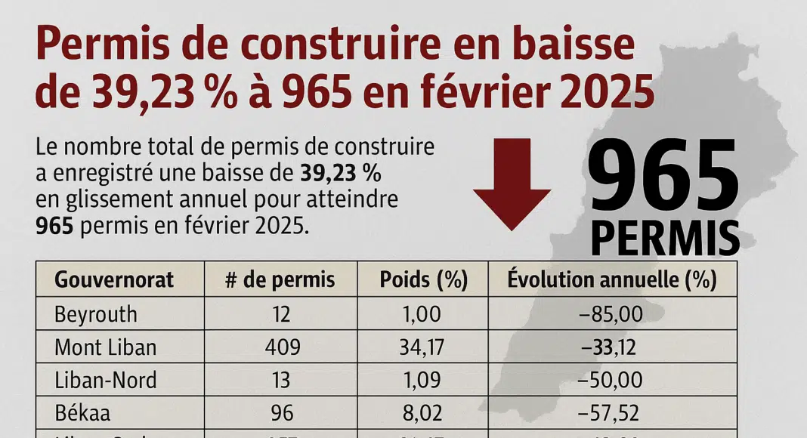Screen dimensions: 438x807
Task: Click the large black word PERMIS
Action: (664, 237)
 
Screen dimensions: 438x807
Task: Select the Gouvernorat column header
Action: (114, 280)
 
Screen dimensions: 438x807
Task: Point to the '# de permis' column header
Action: (280, 280)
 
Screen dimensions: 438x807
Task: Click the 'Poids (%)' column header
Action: (423, 280)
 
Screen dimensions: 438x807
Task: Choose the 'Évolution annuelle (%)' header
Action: (611, 280)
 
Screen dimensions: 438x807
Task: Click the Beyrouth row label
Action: (97, 313)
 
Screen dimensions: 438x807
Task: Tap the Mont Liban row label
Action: (106, 347)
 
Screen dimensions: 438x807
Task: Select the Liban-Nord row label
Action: (106, 379)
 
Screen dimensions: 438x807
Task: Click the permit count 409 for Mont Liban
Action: (282, 347)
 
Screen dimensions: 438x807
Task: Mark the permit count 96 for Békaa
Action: (281, 412)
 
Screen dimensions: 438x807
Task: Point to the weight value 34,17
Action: (422, 347)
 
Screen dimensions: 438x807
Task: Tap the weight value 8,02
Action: (422, 412)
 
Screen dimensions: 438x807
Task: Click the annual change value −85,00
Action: (611, 313)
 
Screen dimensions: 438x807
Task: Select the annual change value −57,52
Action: (611, 412)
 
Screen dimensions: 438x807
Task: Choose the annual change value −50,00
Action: (611, 379)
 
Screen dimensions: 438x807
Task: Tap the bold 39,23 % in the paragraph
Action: (341, 174)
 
